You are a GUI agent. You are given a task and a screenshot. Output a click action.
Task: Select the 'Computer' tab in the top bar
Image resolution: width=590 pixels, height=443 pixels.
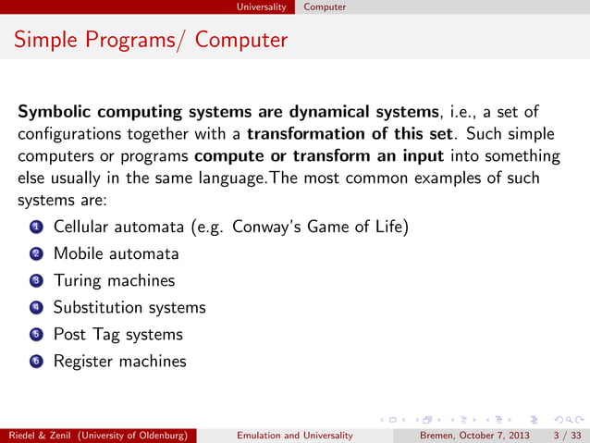tap(325, 6)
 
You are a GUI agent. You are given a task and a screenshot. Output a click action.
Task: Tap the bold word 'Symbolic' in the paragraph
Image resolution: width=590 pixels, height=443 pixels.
tap(55, 113)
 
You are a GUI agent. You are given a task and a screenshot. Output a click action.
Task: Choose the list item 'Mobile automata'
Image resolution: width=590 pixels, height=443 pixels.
tap(116, 253)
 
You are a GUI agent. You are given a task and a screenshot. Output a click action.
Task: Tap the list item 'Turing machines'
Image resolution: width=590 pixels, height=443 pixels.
tap(114, 280)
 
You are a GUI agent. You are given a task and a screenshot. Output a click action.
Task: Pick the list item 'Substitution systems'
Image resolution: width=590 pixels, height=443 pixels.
tap(129, 307)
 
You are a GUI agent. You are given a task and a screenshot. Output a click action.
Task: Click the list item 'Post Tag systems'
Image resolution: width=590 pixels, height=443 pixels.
tap(118, 334)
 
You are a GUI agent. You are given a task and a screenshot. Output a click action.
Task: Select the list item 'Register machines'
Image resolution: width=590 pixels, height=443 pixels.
tap(119, 361)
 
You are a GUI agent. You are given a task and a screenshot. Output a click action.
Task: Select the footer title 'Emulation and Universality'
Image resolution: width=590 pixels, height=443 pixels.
tap(294, 435)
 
